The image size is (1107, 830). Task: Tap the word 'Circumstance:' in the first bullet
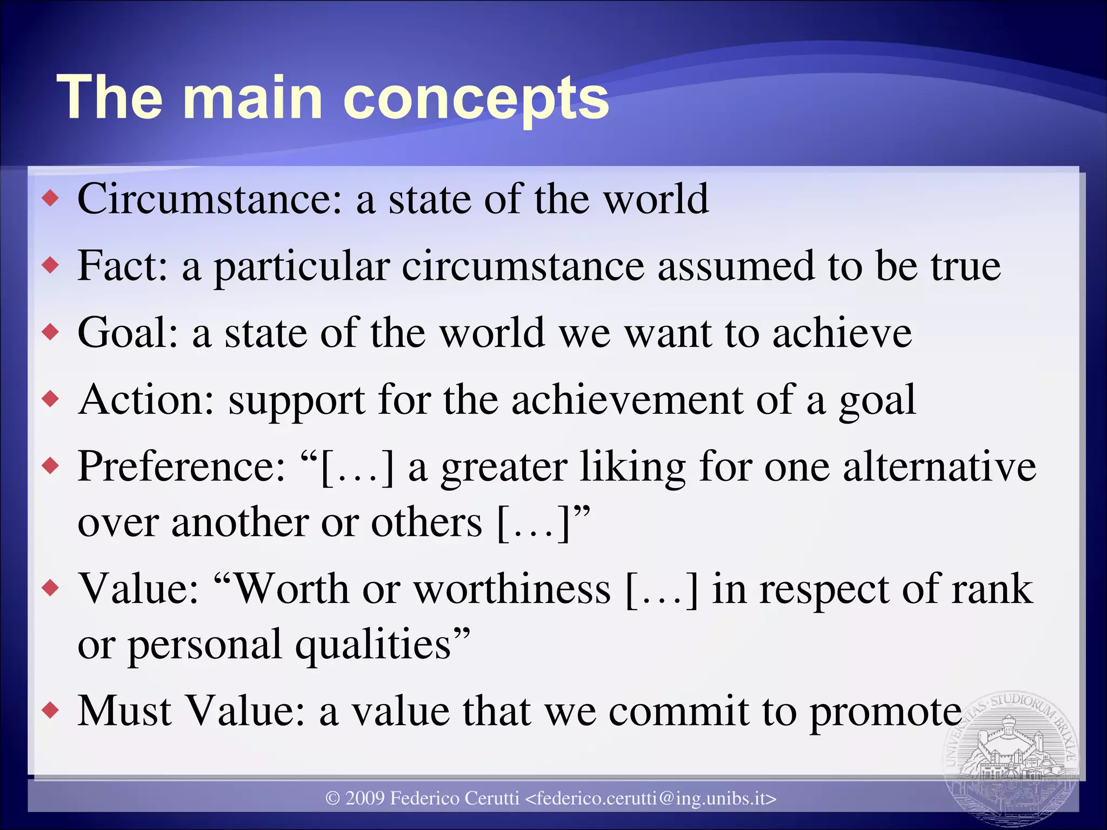[x=210, y=199]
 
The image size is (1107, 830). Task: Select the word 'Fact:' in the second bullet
[x=123, y=266]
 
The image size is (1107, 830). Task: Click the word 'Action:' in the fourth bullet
[x=146, y=400]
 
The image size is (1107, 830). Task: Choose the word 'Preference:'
[x=181, y=466]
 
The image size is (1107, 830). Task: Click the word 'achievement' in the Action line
[x=627, y=400]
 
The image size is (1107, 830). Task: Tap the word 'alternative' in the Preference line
[x=939, y=466]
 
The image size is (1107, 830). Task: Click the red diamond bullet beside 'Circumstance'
[x=51, y=199]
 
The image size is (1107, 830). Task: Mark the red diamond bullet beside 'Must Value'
[x=51, y=710]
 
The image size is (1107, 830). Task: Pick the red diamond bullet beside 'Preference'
[x=51, y=466]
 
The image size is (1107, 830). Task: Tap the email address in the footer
[x=651, y=798]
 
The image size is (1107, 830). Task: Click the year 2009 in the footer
[x=365, y=798]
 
